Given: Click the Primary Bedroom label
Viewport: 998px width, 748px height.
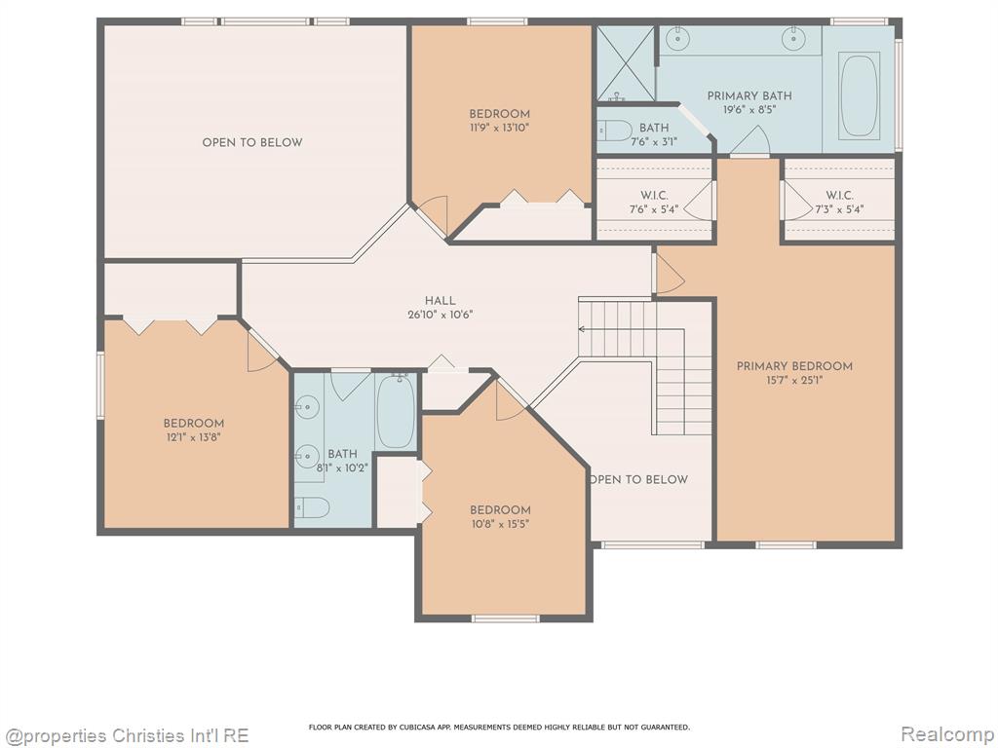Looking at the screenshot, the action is coord(794,366).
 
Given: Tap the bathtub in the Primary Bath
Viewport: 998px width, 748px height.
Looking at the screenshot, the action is coord(860,95).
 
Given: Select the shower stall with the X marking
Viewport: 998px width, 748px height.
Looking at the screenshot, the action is coord(625,63).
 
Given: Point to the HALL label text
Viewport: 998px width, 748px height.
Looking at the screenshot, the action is coord(441,301).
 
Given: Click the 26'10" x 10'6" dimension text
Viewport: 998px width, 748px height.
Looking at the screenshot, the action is coord(441,315).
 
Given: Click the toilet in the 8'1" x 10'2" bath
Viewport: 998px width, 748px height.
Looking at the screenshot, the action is coord(311,507).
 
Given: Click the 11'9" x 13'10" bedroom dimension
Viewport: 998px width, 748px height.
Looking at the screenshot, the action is coord(500,128).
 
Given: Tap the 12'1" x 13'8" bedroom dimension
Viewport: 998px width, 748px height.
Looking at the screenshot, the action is coord(194,437).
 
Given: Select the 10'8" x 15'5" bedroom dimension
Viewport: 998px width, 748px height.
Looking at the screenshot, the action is coord(500,524).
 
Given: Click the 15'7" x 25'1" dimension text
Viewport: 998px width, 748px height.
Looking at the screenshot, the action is coord(794,381).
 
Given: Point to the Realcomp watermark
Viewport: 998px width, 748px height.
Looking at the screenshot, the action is coord(947,734).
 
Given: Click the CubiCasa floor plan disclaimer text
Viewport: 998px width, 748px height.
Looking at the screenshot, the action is coord(499,727).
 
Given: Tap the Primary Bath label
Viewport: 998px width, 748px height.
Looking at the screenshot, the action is coord(749,96).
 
